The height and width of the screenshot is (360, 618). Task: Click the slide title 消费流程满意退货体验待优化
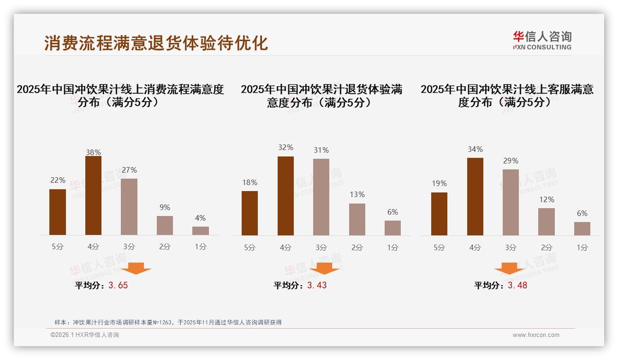click(156, 43)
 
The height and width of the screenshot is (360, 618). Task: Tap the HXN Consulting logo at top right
click(542, 40)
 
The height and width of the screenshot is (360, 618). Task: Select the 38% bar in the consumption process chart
click(94, 196)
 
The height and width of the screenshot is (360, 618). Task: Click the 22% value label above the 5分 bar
click(58, 180)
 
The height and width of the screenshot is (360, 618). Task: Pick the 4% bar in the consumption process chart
click(201, 231)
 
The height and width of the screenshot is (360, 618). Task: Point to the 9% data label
click(165, 207)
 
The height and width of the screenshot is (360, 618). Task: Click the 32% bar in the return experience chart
click(285, 196)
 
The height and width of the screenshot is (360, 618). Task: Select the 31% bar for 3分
click(321, 197)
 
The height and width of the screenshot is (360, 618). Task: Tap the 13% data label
click(357, 194)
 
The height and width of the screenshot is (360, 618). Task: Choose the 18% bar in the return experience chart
click(250, 213)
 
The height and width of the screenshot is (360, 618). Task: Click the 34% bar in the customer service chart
click(475, 197)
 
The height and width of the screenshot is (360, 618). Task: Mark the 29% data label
click(511, 161)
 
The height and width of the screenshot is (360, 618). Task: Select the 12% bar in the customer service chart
click(547, 222)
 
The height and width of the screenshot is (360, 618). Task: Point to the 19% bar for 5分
click(439, 214)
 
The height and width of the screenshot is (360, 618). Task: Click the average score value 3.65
click(118, 285)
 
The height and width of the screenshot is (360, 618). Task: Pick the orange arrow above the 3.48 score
click(509, 269)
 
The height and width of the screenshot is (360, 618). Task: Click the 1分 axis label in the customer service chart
click(582, 247)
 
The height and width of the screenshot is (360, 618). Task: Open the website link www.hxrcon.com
click(536, 335)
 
